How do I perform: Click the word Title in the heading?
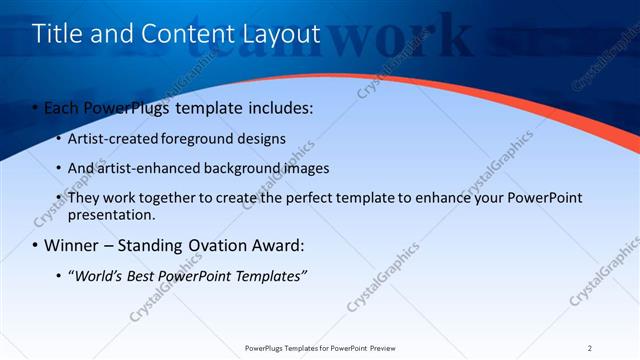click(56, 34)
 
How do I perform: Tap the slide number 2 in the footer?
click(590, 348)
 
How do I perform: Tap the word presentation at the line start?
click(110, 214)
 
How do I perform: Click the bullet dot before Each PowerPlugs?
click(36, 107)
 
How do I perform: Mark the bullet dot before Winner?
click(36, 245)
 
